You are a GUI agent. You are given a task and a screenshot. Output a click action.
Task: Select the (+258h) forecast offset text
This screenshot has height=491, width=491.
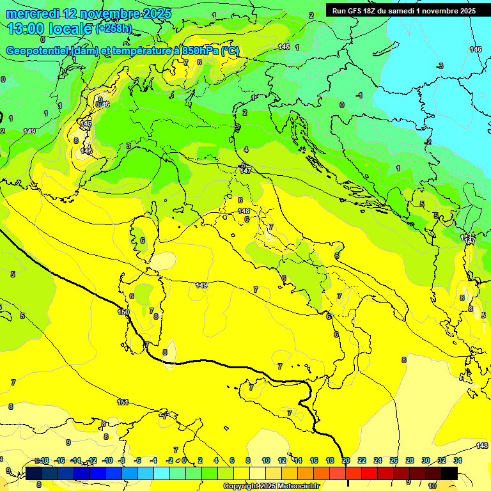point(114,29)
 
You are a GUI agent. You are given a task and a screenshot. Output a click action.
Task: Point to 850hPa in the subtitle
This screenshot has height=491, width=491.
point(201,51)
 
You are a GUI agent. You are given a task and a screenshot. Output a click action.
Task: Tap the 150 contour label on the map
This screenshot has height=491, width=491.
point(123,312)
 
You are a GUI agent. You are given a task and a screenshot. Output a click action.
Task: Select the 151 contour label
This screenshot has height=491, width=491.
point(123,402)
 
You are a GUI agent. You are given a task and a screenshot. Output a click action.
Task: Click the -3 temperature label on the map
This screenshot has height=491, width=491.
point(440,66)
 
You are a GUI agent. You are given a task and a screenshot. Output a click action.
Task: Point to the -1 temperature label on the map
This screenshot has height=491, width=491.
point(359,95)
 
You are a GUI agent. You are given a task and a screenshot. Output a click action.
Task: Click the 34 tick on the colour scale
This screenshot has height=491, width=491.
point(457,460)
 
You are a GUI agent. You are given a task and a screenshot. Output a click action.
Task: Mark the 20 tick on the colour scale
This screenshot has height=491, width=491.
point(346,460)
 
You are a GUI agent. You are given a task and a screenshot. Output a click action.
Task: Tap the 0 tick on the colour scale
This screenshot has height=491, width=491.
point(184,460)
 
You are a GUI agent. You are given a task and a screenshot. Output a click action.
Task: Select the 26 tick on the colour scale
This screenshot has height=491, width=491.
point(393,460)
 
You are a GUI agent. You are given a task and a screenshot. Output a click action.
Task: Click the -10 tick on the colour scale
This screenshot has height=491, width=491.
point(107,460)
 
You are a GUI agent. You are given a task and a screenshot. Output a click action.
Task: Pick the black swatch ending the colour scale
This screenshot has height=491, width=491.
point(449,472)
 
